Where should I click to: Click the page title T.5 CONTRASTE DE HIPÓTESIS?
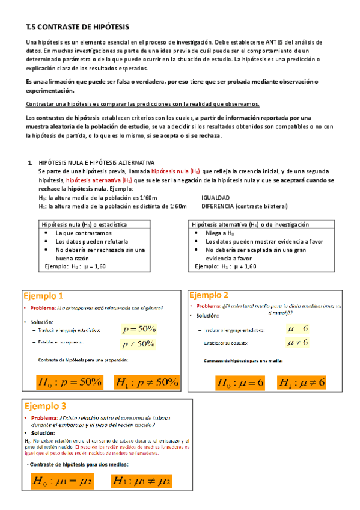[x=78, y=27]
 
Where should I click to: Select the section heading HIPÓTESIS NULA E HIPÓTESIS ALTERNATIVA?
[x=96, y=163]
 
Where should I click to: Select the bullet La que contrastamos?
[x=83, y=233]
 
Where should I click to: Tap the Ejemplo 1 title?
[x=43, y=296]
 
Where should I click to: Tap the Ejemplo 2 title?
[x=209, y=295]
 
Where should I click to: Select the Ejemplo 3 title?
[x=43, y=405]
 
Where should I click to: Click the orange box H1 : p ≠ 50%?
[x=147, y=381]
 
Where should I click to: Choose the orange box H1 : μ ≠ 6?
[x=302, y=382]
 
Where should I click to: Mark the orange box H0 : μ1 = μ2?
[x=61, y=481]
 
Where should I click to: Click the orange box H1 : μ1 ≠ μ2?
[x=142, y=481]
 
